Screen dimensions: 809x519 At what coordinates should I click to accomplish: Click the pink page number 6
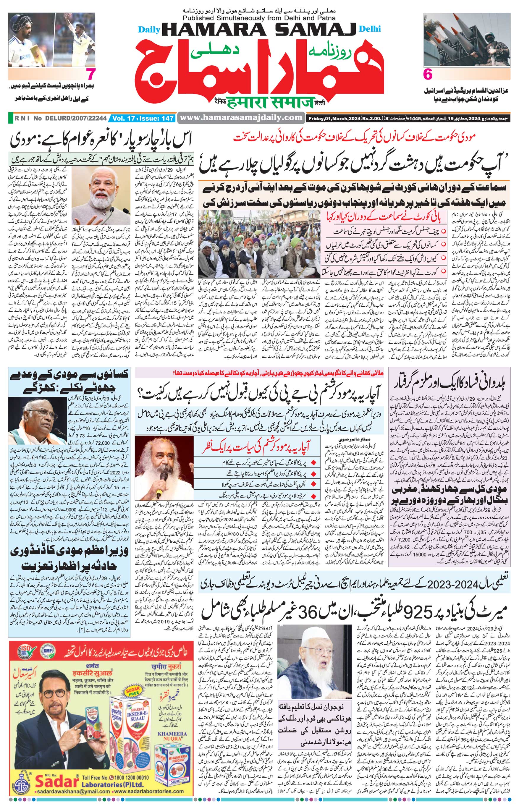(427, 74)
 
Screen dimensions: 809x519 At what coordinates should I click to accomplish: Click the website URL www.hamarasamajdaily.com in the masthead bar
(241, 118)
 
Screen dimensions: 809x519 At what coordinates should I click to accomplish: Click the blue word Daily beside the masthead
(149, 30)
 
